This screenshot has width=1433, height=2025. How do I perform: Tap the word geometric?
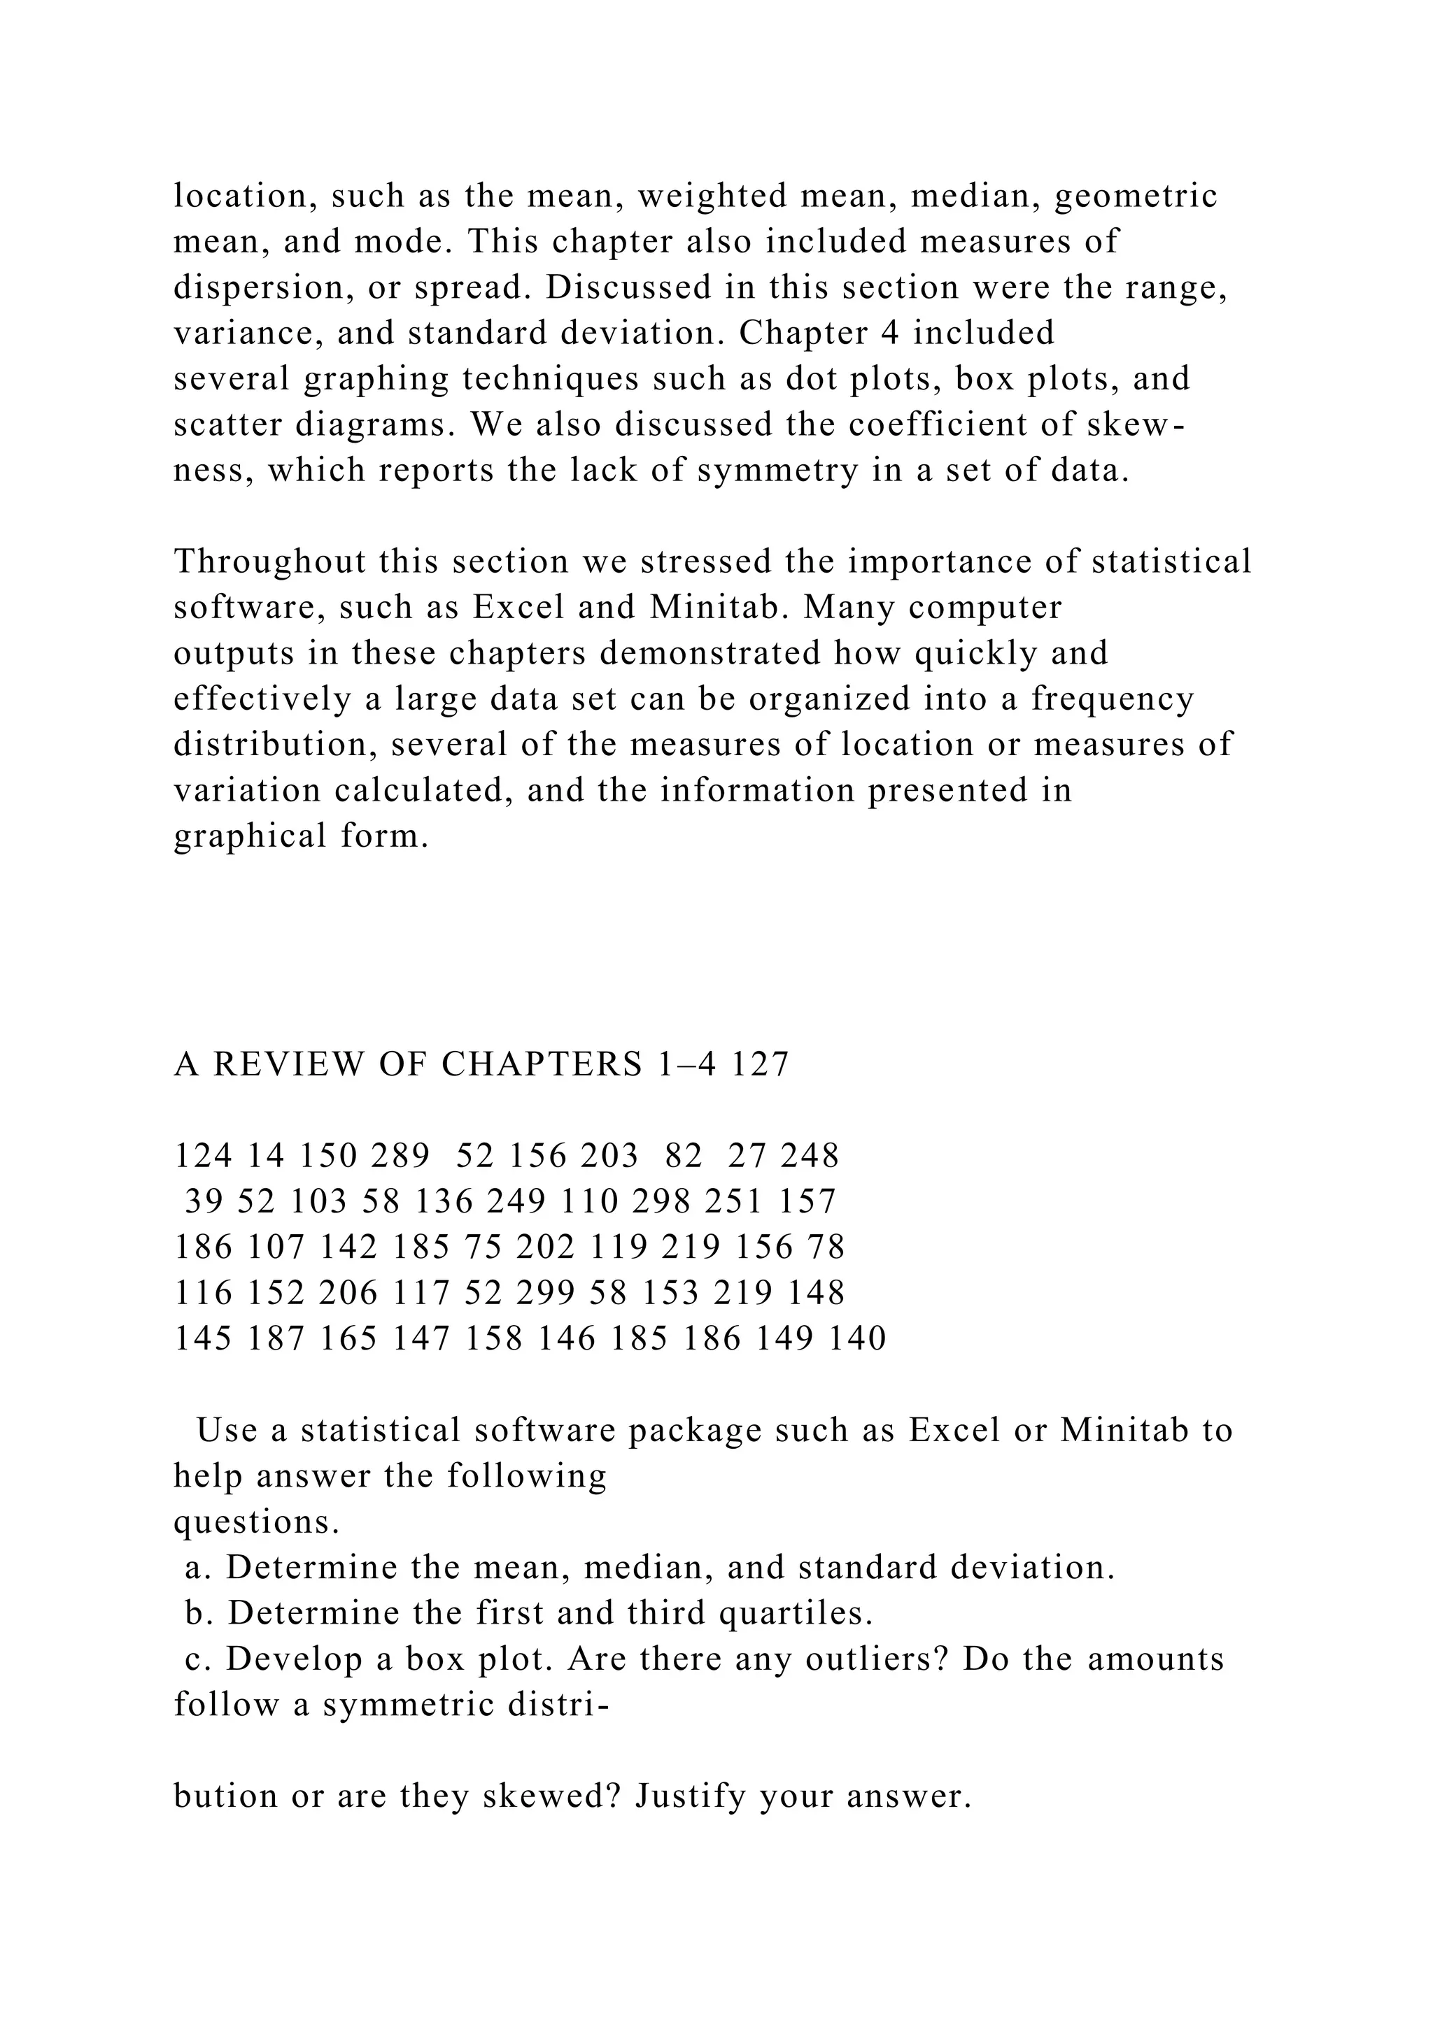tap(1136, 196)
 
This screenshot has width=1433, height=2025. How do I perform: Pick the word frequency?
tap(1113, 699)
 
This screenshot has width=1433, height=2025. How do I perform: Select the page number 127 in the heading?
tap(760, 1066)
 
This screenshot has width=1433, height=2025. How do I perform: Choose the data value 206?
tap(348, 1294)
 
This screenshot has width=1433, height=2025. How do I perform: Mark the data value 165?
tap(348, 1340)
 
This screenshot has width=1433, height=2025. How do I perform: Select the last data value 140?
tap(858, 1340)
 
